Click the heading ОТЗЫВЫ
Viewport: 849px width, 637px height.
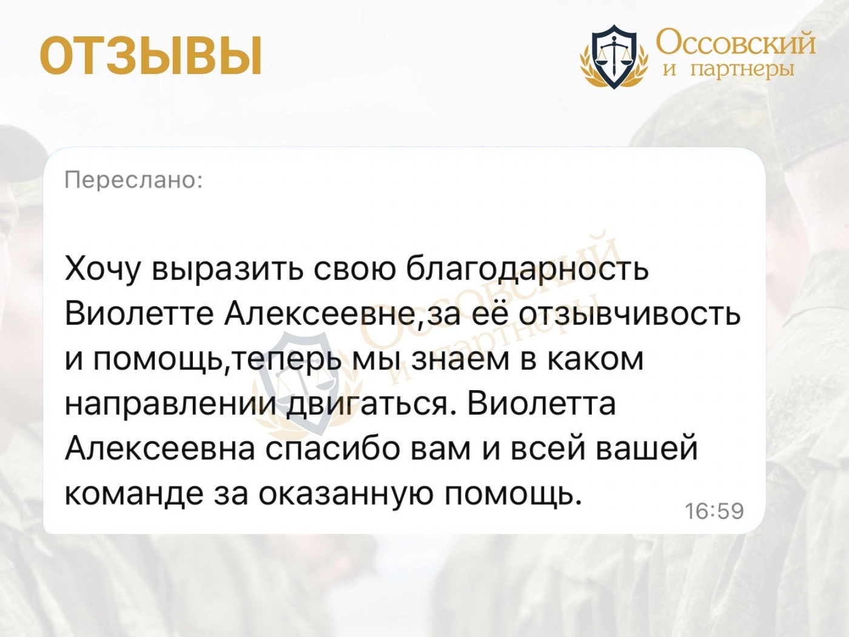151,56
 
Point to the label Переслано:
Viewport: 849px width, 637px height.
133,180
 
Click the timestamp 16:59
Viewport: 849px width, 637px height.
715,511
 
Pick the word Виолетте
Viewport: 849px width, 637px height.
139,314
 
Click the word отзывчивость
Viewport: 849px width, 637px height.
629,314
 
